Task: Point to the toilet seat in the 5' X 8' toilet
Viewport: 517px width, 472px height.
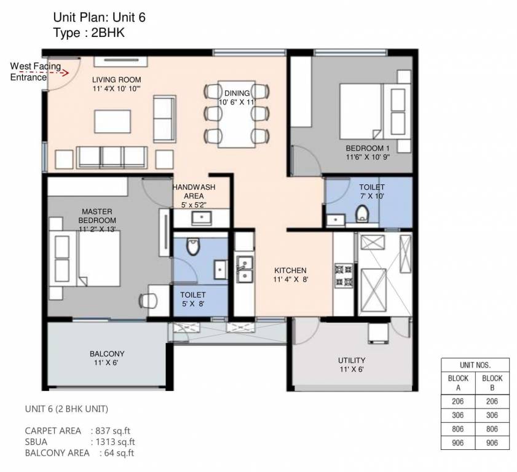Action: pyautogui.click(x=192, y=247)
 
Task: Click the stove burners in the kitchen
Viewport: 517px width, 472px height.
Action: pyautogui.click(x=341, y=275)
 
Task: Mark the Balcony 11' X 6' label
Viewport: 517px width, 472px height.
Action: pyautogui.click(x=107, y=358)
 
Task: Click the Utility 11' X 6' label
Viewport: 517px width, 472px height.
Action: pyautogui.click(x=352, y=364)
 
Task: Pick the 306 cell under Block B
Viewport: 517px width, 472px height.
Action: pyautogui.click(x=492, y=415)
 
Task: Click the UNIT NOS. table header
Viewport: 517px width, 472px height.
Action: pyautogui.click(x=475, y=364)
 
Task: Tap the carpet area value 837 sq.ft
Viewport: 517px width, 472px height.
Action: pyautogui.click(x=112, y=430)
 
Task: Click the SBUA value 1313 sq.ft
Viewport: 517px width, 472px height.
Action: pyautogui.click(x=114, y=441)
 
